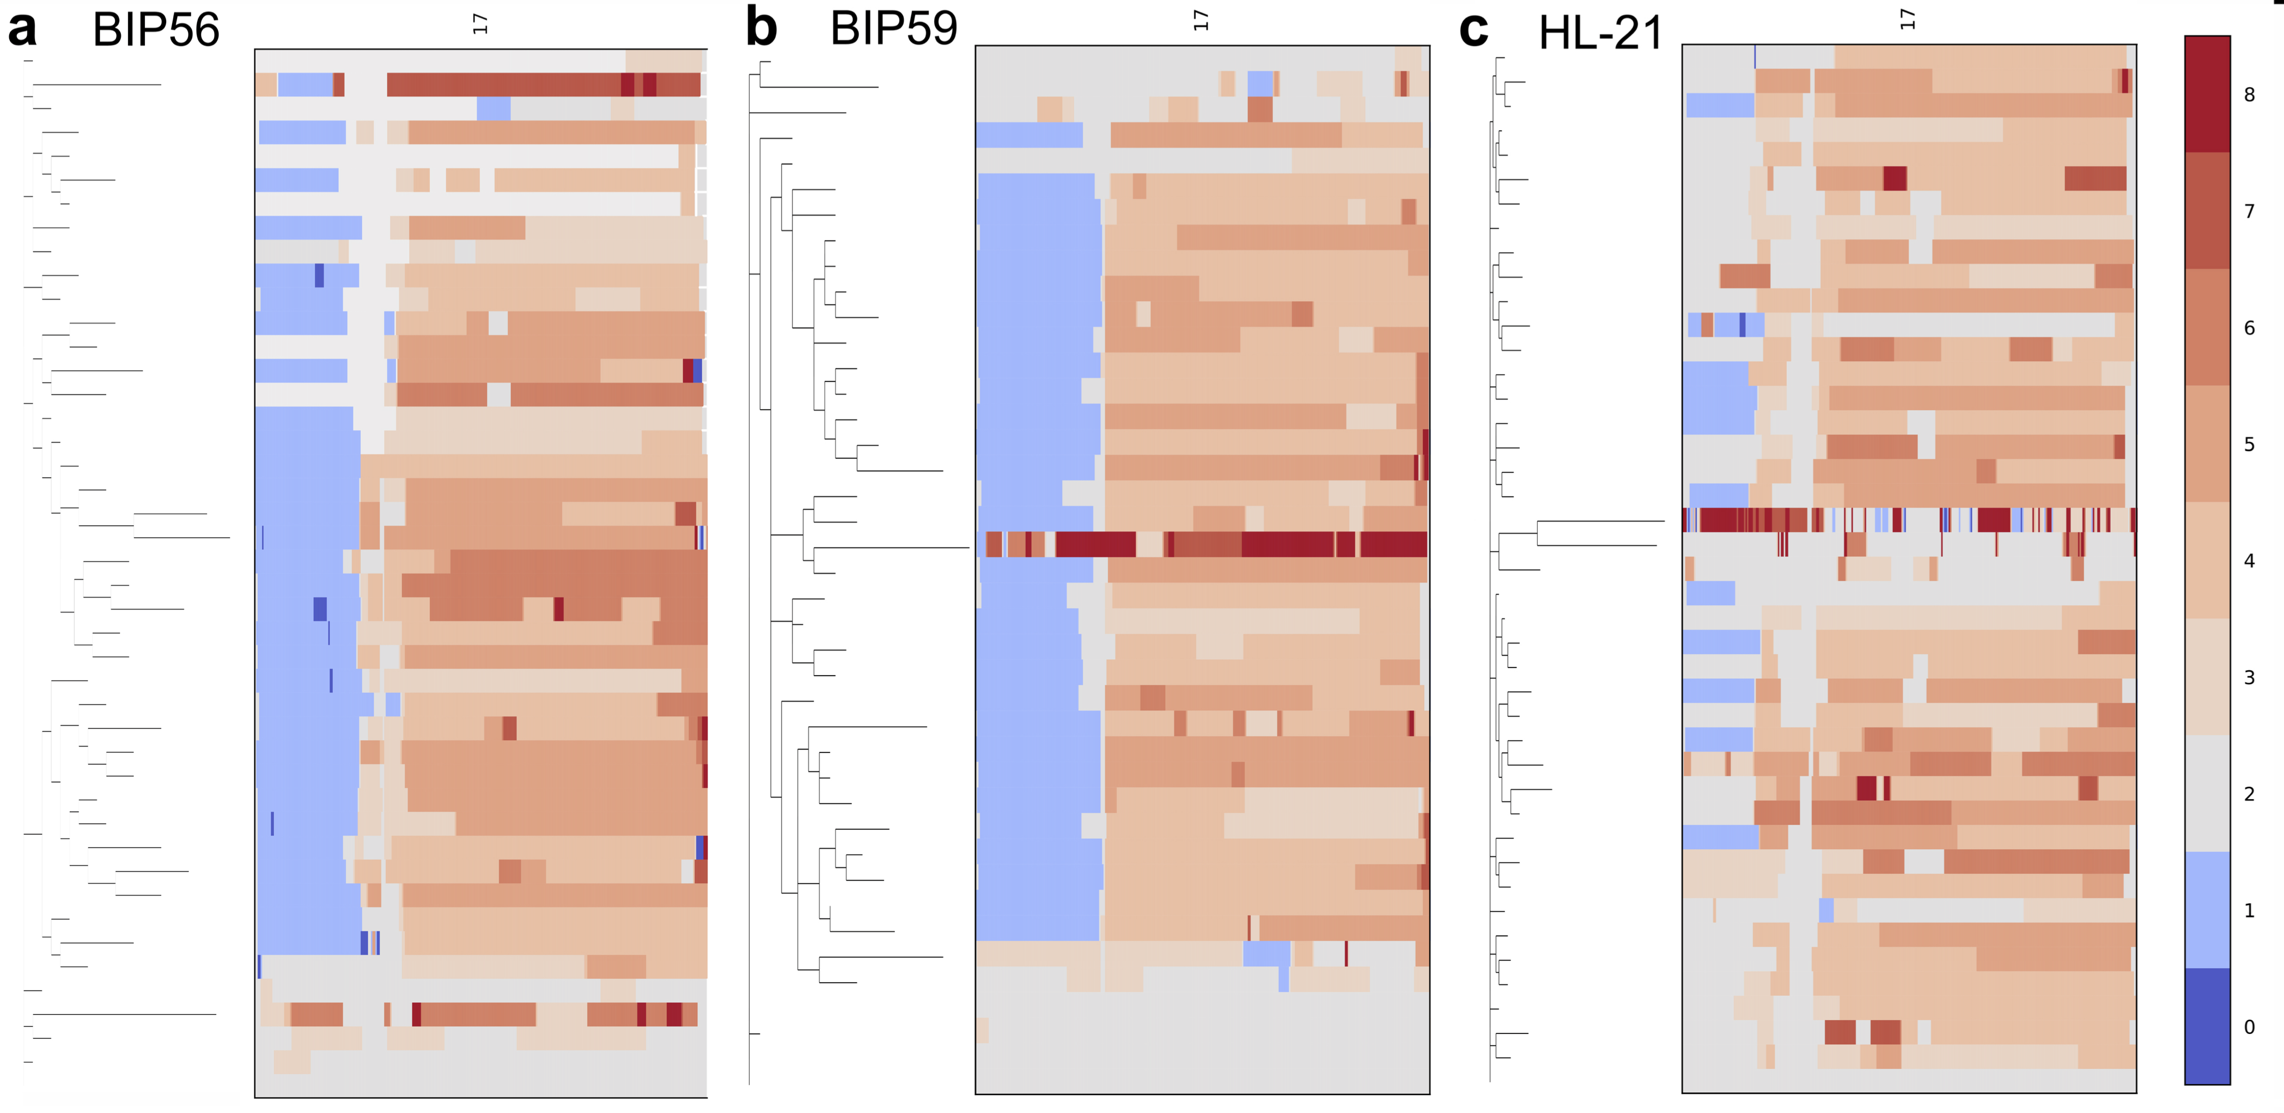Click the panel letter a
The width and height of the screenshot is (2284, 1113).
coord(22,29)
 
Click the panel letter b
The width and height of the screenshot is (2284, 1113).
coord(761,27)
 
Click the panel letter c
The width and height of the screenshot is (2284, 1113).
coord(1473,29)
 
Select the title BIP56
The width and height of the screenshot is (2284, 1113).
coord(156,30)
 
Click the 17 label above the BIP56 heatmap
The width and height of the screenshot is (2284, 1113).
coord(480,24)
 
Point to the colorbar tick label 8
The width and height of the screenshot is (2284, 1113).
coord(2250,95)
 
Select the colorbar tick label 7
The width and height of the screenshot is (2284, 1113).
coord(2250,211)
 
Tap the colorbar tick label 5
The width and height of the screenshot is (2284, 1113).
coord(2250,445)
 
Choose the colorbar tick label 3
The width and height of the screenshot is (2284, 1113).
coord(2250,678)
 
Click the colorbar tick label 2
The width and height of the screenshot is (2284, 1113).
coord(2250,794)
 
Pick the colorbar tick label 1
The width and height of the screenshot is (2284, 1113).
coord(2250,910)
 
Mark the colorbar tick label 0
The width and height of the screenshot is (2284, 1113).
coord(2250,1027)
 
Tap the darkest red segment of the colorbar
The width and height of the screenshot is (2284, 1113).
coord(2207,94)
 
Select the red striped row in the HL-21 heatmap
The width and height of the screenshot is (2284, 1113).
coord(1908,520)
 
